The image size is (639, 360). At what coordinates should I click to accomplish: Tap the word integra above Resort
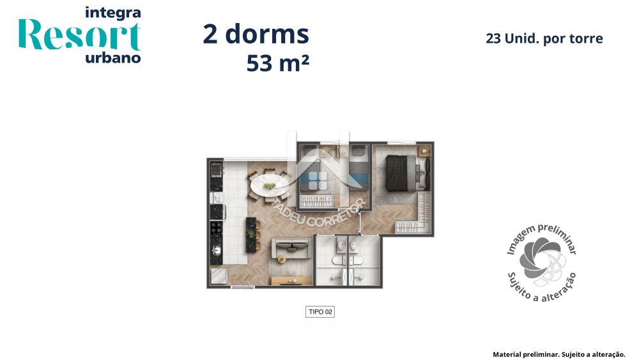112,12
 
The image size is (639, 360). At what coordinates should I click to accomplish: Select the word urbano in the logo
112,58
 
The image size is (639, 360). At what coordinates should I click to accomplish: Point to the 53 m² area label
273,64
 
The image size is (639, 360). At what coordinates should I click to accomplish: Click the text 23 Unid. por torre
544,38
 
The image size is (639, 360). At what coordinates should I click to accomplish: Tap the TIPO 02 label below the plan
319,312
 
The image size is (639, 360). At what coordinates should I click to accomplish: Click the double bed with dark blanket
401,171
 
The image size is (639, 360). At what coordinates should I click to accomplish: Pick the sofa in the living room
289,247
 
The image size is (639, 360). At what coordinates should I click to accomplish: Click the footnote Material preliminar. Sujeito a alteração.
558,354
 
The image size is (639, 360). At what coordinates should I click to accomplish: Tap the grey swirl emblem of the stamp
541,259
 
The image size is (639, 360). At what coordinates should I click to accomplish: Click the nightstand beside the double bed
424,151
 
